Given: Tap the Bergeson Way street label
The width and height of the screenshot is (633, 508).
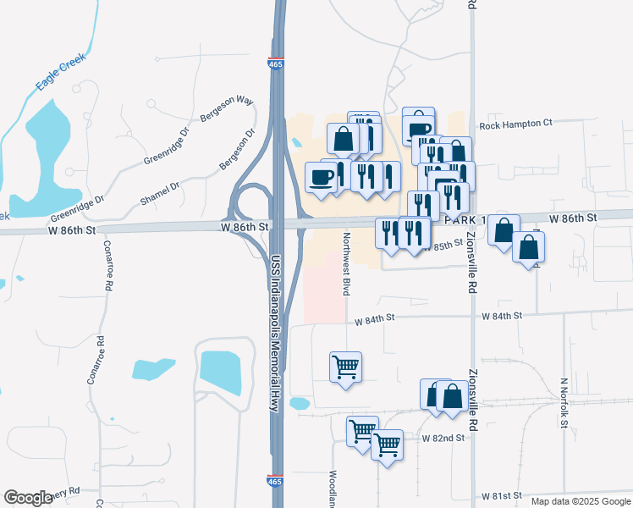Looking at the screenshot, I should (x=227, y=111).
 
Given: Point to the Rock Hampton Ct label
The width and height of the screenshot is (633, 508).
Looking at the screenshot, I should (x=515, y=124).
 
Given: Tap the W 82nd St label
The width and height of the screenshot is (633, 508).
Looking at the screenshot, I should (x=444, y=439).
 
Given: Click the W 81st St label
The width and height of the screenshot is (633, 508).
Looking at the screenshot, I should (x=503, y=495).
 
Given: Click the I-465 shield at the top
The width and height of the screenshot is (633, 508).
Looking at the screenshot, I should (x=276, y=64).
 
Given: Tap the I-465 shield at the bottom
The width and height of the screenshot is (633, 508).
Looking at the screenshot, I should (x=276, y=480).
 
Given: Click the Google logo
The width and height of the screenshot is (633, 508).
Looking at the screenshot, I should (x=28, y=498).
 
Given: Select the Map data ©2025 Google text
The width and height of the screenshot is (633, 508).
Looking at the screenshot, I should (x=580, y=501).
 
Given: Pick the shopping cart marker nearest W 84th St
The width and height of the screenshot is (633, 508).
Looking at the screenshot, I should (x=345, y=367).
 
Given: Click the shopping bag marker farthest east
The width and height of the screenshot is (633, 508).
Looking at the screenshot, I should (x=528, y=247).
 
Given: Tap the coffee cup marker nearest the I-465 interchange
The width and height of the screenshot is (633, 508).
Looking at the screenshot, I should (x=321, y=177).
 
